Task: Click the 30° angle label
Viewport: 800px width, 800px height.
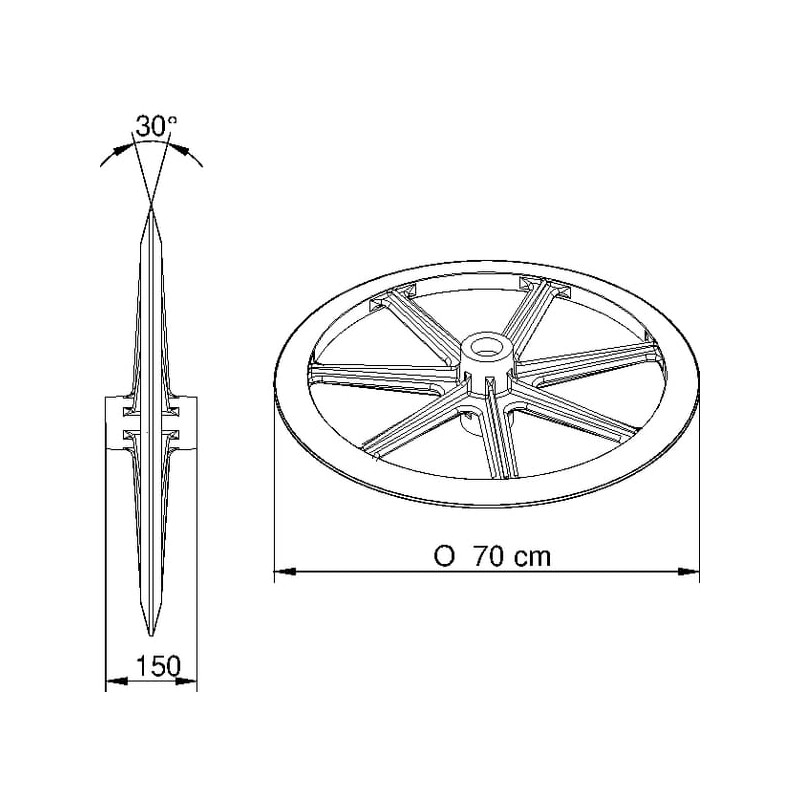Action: click(156, 127)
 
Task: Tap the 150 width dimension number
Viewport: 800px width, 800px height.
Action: click(158, 666)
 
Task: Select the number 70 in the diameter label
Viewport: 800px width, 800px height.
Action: click(488, 556)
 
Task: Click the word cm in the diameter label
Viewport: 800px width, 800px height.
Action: click(532, 558)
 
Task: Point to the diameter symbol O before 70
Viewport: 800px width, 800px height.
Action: click(444, 556)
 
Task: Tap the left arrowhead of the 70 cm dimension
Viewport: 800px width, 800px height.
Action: click(285, 571)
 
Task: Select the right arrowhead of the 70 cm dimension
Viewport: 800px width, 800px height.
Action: click(688, 571)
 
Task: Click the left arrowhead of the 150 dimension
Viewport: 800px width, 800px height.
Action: click(117, 681)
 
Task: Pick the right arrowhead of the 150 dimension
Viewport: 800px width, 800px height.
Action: click(186, 681)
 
